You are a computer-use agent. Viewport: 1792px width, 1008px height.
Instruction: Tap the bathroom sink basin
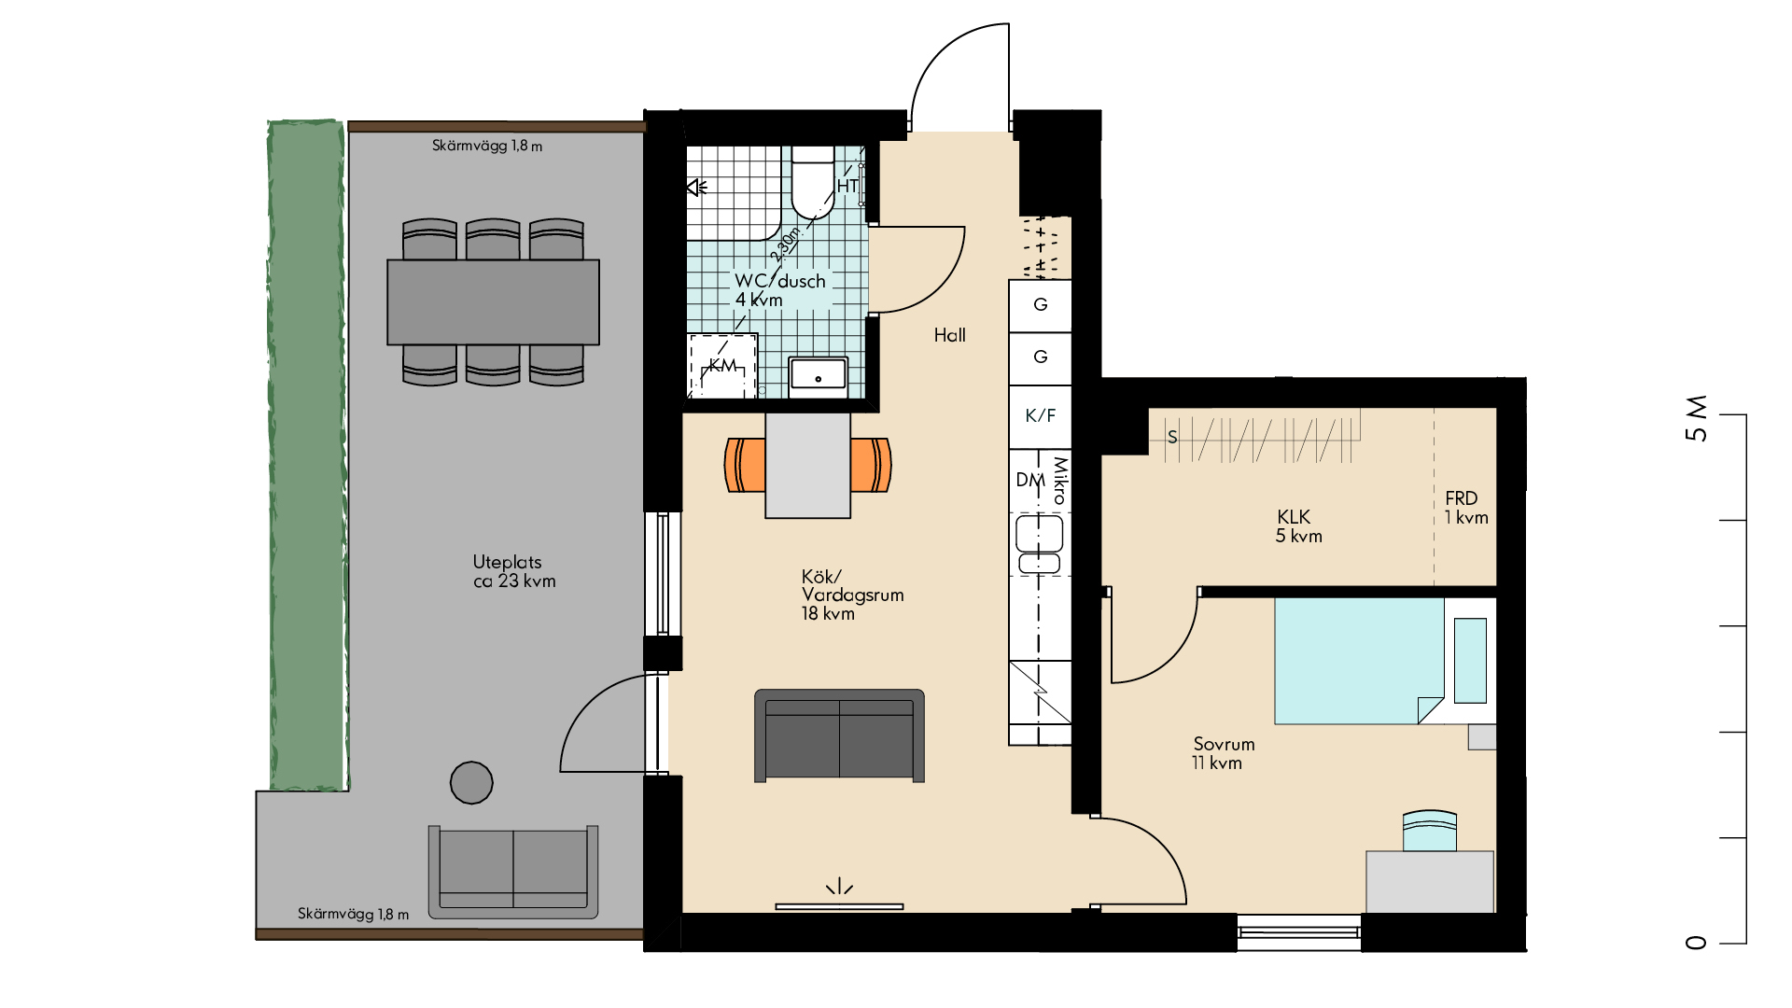(x=819, y=375)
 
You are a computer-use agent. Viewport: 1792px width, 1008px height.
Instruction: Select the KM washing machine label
(x=722, y=365)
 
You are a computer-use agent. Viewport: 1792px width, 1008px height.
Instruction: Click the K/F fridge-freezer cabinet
(x=1040, y=416)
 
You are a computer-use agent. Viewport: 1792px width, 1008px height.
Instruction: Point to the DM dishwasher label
(x=1030, y=480)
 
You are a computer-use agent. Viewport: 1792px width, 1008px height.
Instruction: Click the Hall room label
(x=950, y=335)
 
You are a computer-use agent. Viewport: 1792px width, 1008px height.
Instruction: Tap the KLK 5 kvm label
(x=1298, y=526)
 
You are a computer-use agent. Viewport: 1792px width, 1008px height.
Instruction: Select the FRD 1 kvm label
(x=1466, y=508)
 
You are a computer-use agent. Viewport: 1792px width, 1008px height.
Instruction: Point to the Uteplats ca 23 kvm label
(x=514, y=571)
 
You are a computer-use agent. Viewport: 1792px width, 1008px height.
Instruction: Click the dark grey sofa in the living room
(x=839, y=735)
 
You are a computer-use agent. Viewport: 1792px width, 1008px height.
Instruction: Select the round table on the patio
(x=471, y=783)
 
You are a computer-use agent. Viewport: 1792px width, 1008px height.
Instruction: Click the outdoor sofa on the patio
(x=513, y=872)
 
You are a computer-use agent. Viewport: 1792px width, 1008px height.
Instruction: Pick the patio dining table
(x=494, y=302)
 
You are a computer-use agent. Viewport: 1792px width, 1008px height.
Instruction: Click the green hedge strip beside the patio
(x=307, y=455)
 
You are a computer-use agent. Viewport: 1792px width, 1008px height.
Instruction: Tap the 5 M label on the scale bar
(x=1697, y=418)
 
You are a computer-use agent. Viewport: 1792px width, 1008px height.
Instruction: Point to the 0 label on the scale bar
(x=1697, y=943)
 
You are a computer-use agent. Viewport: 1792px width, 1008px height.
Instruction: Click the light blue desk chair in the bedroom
(x=1430, y=831)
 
